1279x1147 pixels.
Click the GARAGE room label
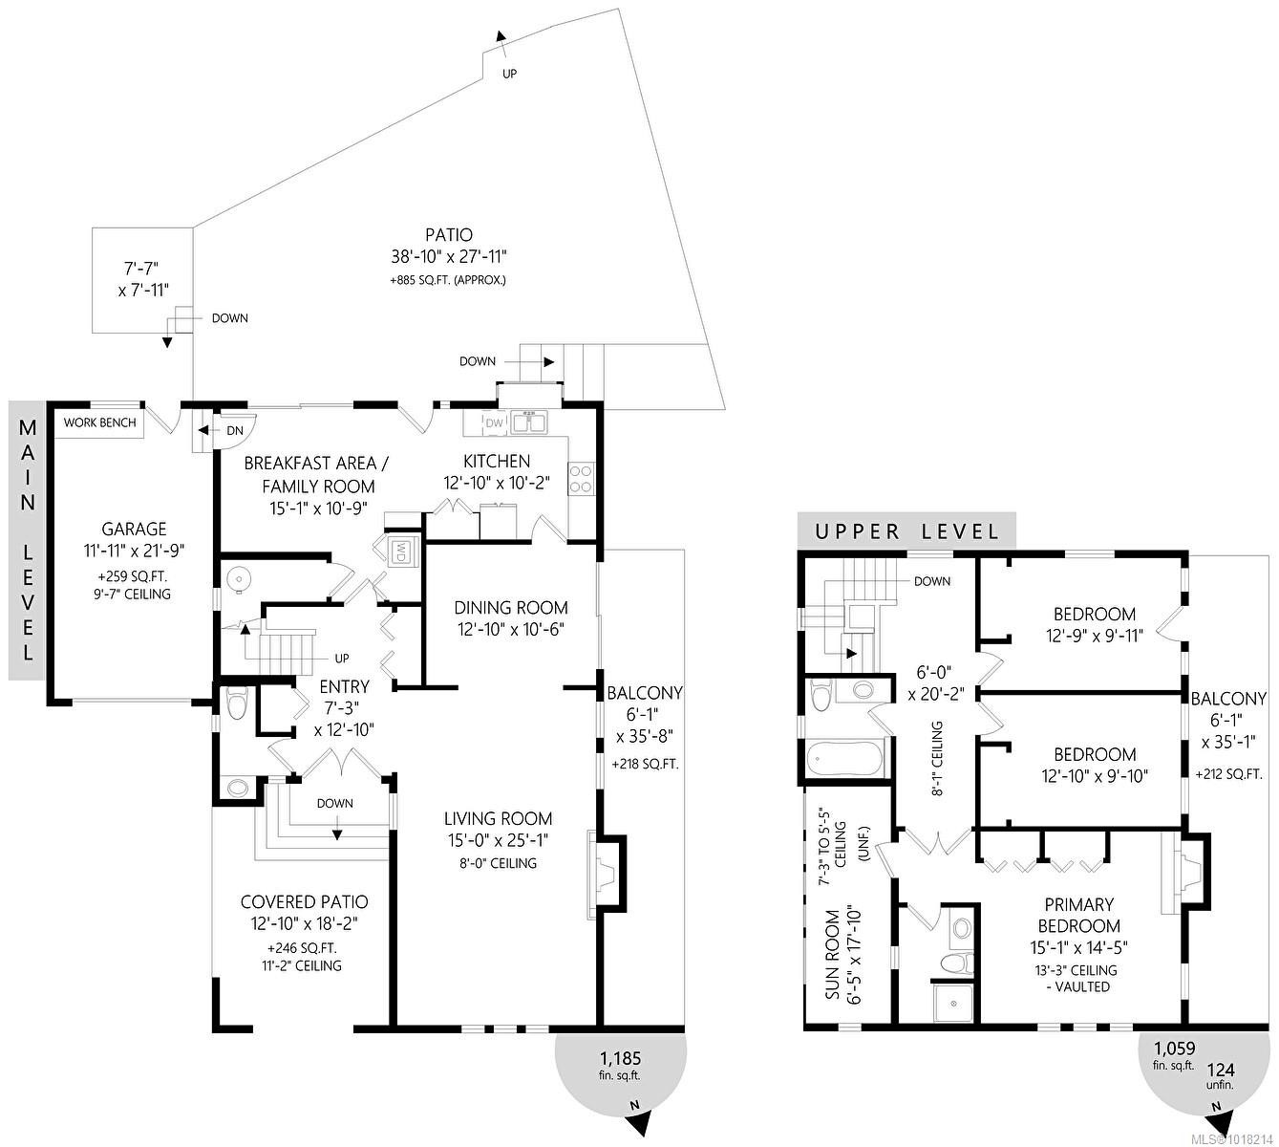tap(134, 529)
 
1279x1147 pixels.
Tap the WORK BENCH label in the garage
tap(99, 422)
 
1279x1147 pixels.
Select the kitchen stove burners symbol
tap(581, 477)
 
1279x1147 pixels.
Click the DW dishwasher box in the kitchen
tap(494, 423)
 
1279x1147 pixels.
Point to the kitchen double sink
tap(527, 422)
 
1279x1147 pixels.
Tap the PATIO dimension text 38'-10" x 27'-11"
tap(448, 256)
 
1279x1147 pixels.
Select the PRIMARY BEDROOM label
tap(1078, 915)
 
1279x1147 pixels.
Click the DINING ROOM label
tap(510, 607)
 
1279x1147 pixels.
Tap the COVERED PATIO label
tap(304, 901)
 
